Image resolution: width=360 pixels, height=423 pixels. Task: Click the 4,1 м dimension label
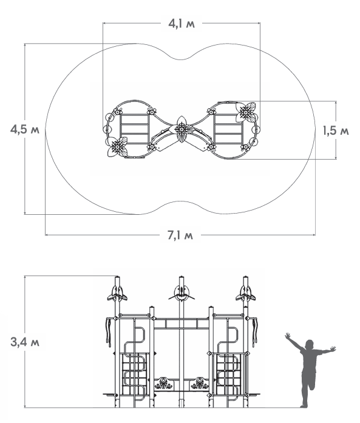(x=182, y=24)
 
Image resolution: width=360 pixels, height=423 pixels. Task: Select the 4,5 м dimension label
(x=25, y=129)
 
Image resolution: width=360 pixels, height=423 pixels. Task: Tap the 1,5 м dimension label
(x=336, y=131)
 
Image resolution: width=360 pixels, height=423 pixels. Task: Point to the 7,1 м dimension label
(x=180, y=235)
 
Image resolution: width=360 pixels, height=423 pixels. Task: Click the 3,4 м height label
(x=25, y=342)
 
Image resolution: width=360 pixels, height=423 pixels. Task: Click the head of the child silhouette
(x=309, y=345)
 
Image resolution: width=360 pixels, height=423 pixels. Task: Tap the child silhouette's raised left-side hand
(x=287, y=336)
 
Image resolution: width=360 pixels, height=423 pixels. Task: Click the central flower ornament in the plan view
(x=182, y=129)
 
